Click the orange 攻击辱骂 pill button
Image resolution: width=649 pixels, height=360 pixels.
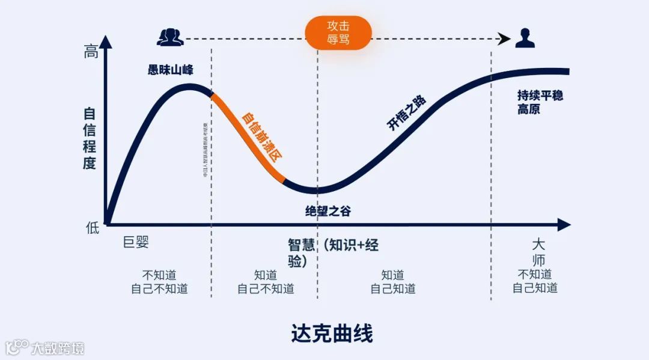coord(338,33)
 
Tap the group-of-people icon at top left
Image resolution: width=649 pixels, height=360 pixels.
coord(170,37)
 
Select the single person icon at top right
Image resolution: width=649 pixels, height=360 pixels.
coord(525,38)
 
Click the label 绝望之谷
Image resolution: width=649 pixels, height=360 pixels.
coord(328,211)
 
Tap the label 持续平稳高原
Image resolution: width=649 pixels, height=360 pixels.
coord(540,102)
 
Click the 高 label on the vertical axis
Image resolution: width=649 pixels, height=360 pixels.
coord(91,53)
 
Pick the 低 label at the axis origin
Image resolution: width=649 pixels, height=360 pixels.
coord(91,227)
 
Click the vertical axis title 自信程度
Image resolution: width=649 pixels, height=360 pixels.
coord(90,138)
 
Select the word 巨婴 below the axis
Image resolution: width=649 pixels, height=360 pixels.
coord(136,243)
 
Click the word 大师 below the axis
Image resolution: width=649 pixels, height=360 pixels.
coord(539,252)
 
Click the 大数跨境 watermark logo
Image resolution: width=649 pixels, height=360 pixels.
coord(45,347)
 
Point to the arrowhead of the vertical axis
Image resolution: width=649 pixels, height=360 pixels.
coord(106,42)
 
